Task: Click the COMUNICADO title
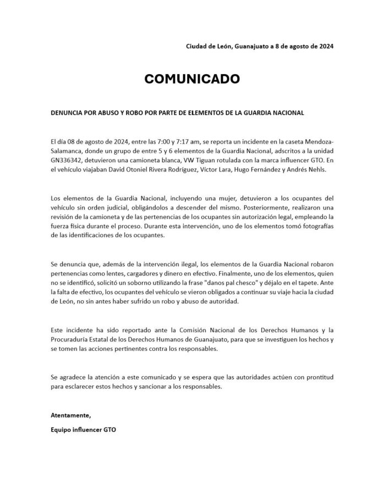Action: click(192, 79)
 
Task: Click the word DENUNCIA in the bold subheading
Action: click(67, 112)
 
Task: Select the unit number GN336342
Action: click(67, 159)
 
